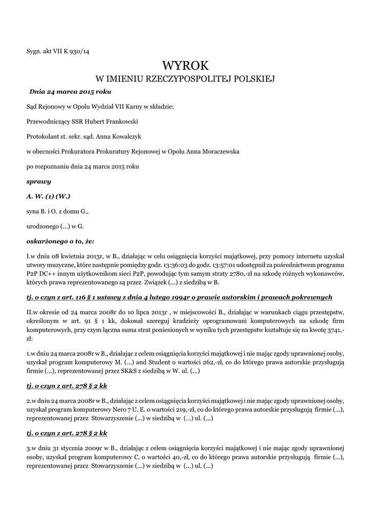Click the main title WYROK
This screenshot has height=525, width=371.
(x=186, y=66)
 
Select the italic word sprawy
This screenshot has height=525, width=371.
(x=38, y=181)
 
